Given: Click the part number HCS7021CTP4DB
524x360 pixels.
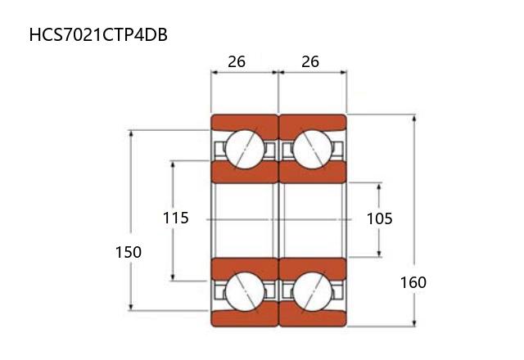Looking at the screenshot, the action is [98, 35].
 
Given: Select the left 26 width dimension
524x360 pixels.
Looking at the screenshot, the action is [237, 62].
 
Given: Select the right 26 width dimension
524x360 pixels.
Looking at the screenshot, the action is [310, 62].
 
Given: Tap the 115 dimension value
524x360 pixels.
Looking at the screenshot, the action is [176, 218].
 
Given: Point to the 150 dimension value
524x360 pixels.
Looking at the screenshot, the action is [129, 252].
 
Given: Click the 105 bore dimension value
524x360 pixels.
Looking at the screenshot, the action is [380, 219].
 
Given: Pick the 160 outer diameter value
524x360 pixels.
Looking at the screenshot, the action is [413, 282].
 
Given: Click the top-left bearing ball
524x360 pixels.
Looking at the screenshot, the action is [245, 149].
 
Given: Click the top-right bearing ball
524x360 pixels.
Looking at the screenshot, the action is [313, 149].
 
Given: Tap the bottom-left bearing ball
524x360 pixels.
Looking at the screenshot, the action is [245, 292].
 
